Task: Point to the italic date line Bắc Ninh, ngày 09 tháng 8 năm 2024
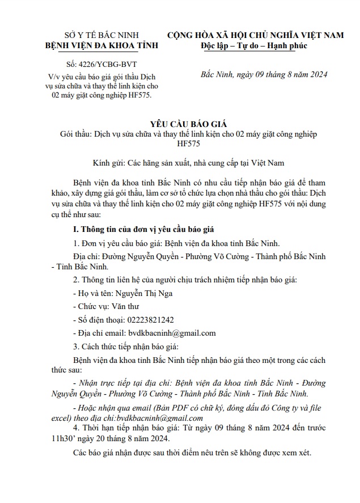click(x=264, y=75)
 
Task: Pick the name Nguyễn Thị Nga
click(x=145, y=294)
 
